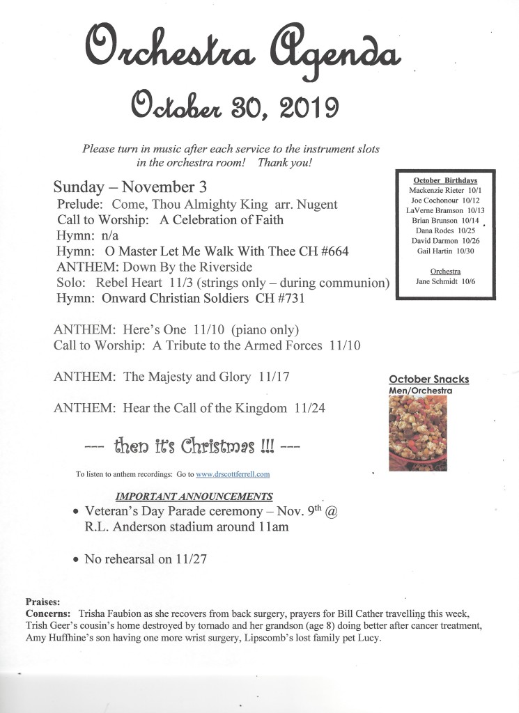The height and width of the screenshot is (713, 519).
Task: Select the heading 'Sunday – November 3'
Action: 130,187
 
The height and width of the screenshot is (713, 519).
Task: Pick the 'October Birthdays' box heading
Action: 445,180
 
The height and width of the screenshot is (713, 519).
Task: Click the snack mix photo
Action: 417,433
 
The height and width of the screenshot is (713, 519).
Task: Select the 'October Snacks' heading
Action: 428,379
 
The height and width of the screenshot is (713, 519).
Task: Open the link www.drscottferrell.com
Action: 233,474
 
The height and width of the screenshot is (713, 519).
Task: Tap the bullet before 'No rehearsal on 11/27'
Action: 77,559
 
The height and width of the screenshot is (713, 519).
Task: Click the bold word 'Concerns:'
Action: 49,613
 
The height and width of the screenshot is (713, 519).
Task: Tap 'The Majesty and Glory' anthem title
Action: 187,377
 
